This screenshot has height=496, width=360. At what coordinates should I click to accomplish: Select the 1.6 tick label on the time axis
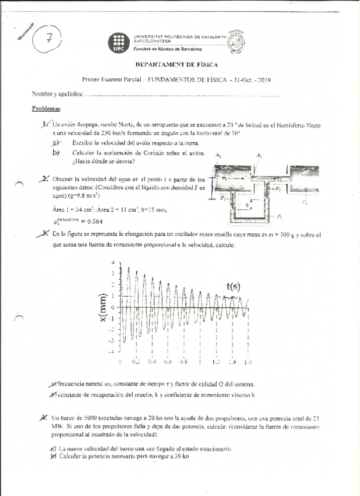[248, 362]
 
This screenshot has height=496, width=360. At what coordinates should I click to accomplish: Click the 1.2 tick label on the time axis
[216, 362]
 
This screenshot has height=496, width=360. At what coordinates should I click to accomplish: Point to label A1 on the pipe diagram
[218, 156]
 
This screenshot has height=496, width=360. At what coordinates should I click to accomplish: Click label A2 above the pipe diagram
[258, 156]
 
